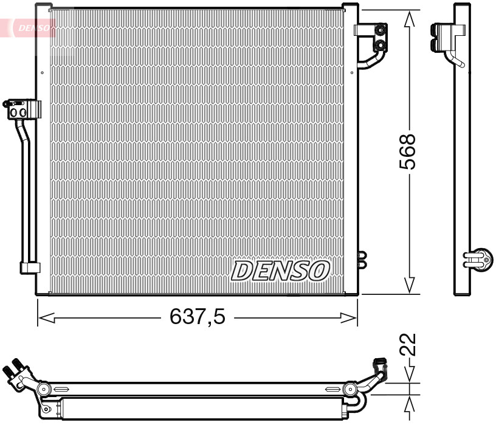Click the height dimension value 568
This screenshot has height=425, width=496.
pyautogui.click(x=408, y=151)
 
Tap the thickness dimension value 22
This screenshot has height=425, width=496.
pyautogui.click(x=409, y=344)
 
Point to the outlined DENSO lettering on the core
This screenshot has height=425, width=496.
pyautogui.click(x=280, y=271)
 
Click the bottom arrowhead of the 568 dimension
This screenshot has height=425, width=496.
pyautogui.click(x=410, y=286)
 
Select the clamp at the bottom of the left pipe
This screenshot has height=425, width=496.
pyautogui.click(x=30, y=267)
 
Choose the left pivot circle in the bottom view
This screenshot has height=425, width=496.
pyautogui.click(x=43, y=389)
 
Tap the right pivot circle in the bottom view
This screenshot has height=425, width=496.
pyautogui.click(x=350, y=389)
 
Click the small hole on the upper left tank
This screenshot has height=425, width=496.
pyautogui.click(x=42, y=72)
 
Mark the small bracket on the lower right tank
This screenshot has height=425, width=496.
pyautogui.click(x=363, y=260)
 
